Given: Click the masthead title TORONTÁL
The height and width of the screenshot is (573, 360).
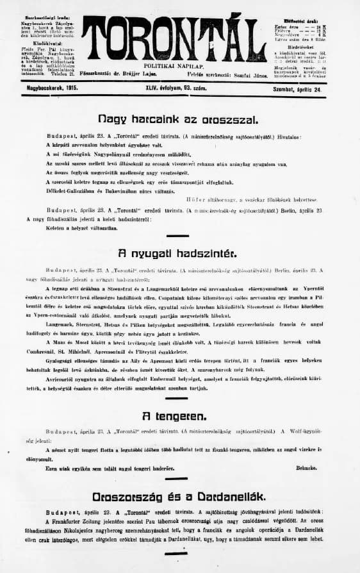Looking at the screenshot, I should click(x=174, y=39).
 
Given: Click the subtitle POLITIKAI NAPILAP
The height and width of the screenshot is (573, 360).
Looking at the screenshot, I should click(x=174, y=66).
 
